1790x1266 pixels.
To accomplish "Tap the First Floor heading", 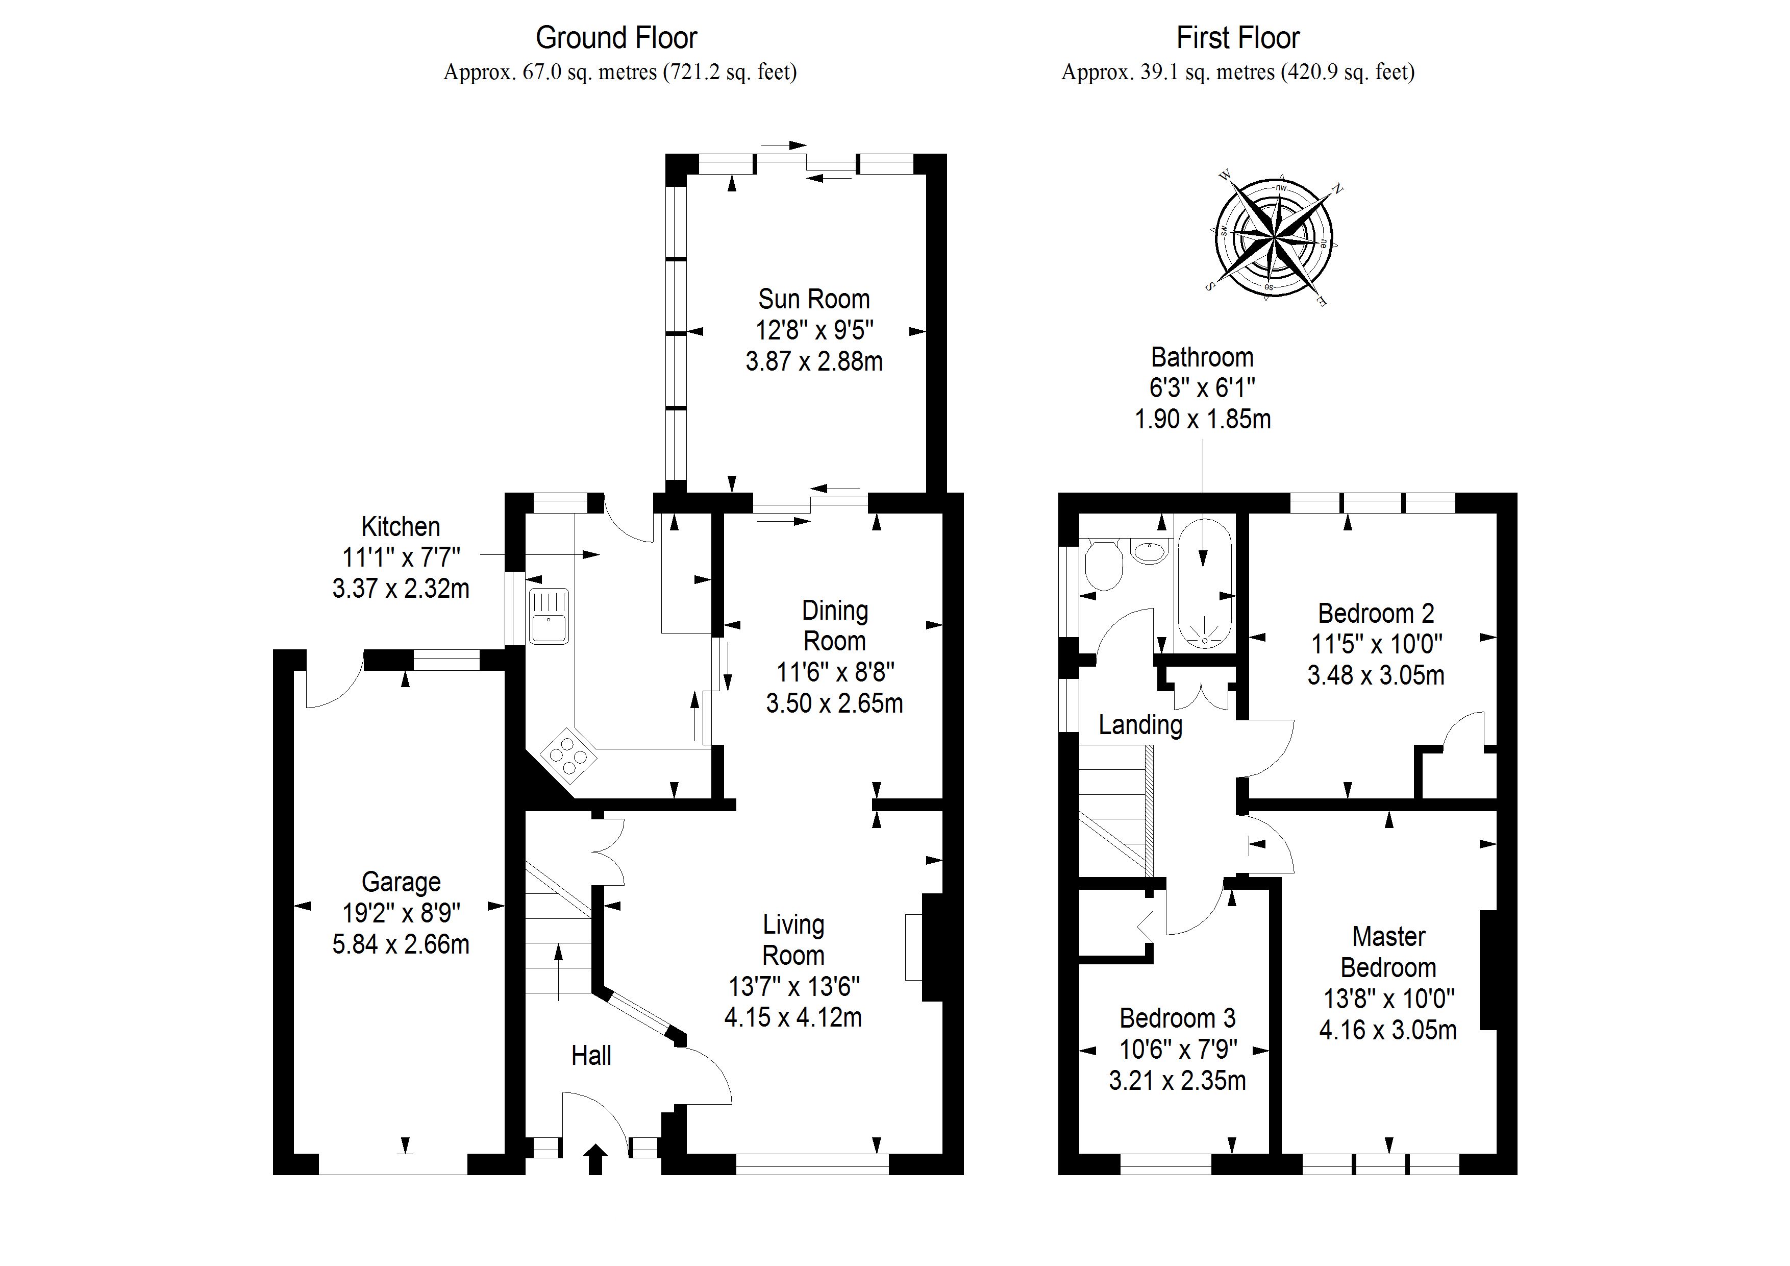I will (1237, 37).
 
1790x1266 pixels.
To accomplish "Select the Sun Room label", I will (813, 299).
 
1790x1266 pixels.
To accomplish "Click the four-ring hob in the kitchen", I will (569, 755).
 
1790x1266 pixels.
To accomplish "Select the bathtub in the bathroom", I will (1205, 582).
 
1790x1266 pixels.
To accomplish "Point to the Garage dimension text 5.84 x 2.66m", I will (401, 944).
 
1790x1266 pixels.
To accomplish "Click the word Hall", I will (591, 1056).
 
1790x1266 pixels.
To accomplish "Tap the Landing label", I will (1140, 725).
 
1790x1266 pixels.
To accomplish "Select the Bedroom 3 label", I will (1177, 1018).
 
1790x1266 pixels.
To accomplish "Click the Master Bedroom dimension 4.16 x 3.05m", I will (1388, 1031).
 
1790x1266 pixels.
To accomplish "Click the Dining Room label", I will (834, 625).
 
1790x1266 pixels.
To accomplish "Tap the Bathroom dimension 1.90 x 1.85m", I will (1202, 420).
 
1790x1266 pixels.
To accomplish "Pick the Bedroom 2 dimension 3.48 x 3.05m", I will (1376, 675).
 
